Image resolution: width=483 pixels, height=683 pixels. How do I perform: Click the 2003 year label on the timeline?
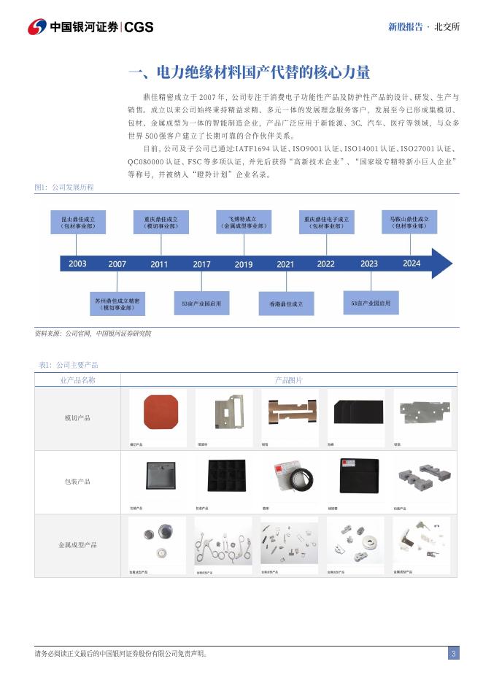point(77,263)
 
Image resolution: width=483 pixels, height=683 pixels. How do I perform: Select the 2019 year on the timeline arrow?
point(244,264)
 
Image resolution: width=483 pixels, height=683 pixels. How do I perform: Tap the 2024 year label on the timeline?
point(411,263)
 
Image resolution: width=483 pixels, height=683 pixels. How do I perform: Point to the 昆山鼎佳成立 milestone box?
point(78,223)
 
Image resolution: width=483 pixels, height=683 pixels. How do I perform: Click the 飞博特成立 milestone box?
point(244,222)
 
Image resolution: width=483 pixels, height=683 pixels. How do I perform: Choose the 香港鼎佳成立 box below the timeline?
point(285,303)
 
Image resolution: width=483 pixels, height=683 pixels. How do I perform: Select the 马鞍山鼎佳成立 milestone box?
point(411,222)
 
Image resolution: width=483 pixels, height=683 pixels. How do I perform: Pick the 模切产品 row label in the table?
point(77,418)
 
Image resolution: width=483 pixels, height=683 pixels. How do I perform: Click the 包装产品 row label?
point(77,482)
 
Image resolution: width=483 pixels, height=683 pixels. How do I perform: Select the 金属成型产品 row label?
point(77,545)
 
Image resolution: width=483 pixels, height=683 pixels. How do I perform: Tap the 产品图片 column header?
point(289,380)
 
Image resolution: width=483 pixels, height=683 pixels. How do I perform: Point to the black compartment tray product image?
point(224,477)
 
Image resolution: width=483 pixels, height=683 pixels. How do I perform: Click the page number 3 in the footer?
point(453,654)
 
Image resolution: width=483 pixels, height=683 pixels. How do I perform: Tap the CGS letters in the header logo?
point(139,27)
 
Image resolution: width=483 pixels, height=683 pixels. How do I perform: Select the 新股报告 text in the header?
point(405,27)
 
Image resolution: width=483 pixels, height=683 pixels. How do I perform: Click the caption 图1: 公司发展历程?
point(64,188)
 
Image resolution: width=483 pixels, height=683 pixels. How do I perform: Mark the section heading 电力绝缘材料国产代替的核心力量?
point(249,72)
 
